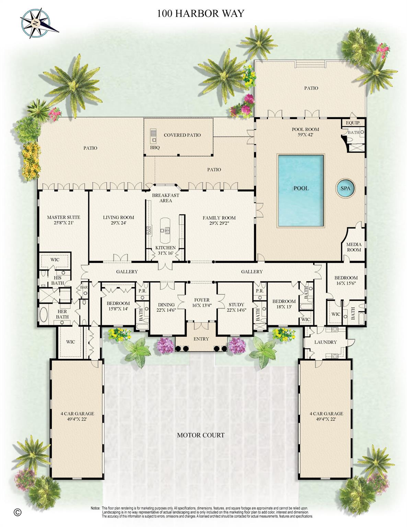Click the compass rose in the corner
click(x=35, y=23)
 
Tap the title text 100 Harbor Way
click(x=201, y=13)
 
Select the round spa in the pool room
click(x=345, y=188)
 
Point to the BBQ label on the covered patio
click(x=155, y=148)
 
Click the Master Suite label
click(x=63, y=217)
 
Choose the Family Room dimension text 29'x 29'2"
click(x=219, y=223)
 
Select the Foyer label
click(x=201, y=300)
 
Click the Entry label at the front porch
click(x=201, y=339)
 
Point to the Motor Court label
click(x=201, y=435)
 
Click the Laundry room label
click(x=325, y=342)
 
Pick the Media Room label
click(x=354, y=247)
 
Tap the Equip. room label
click(x=353, y=123)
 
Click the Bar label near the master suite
click(x=84, y=287)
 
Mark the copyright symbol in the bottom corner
click(x=18, y=512)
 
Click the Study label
click(x=236, y=304)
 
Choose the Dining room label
click(x=166, y=304)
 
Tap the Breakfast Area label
click(x=165, y=198)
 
